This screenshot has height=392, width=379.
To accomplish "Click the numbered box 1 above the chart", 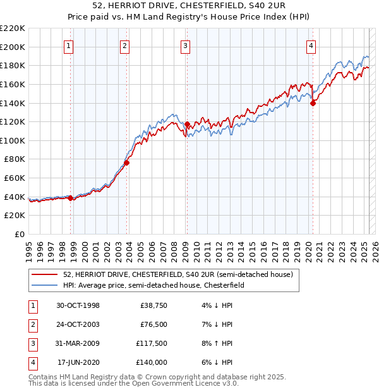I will click(x=68, y=46).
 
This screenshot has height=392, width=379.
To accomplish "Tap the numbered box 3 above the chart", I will click(x=185, y=46).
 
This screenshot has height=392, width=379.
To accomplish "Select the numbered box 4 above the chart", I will click(x=311, y=46).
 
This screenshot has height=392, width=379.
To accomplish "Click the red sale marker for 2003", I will click(x=126, y=162).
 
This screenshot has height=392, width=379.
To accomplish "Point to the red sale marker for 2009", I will click(x=187, y=124).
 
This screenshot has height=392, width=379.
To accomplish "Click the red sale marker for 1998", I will click(x=70, y=198).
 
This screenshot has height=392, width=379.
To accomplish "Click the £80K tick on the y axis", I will click(x=15, y=159).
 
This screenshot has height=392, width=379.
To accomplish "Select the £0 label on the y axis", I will click(x=19, y=235).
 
